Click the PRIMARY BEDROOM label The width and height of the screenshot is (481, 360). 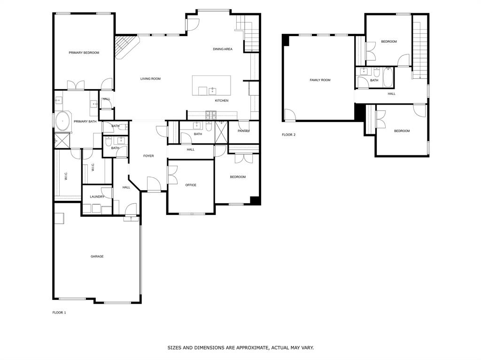point(84,53)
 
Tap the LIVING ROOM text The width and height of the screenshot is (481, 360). point(150,79)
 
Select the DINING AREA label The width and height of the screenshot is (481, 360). point(222,49)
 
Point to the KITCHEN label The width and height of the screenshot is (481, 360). point(222,100)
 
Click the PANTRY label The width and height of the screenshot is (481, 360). point(243,131)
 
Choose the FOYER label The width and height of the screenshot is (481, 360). point(148,156)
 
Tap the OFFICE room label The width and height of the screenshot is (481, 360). point(191,185)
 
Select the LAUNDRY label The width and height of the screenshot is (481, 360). point(97,197)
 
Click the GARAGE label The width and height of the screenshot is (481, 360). point(97,256)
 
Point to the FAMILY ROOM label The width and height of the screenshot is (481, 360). point(320,80)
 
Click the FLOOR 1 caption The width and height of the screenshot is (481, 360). point(59,313)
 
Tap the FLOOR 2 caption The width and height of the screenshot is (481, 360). point(288,135)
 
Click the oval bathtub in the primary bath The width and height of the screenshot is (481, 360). point(62,122)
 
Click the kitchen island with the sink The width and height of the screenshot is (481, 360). point(211,85)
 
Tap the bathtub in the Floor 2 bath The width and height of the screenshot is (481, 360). point(388,77)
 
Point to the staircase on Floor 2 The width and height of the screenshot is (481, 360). point(420,47)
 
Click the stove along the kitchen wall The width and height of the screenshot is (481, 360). point(210,115)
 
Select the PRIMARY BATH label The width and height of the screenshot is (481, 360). point(85,122)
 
